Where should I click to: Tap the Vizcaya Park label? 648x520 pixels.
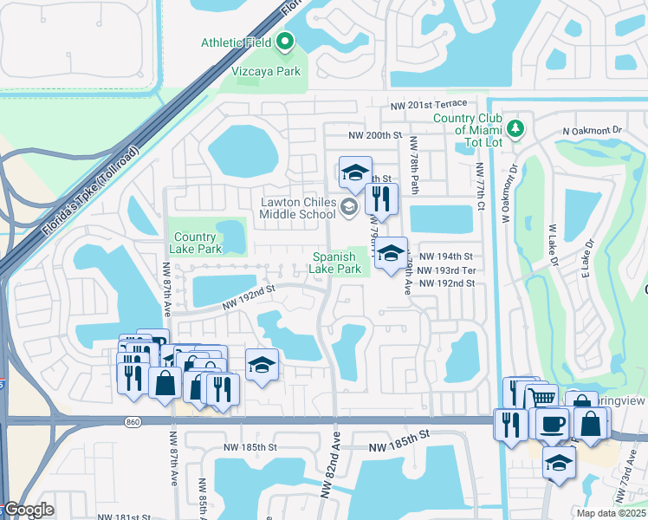(x=265, y=72)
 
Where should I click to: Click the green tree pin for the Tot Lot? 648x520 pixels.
(x=516, y=129)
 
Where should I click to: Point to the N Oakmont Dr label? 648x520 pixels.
(x=593, y=130)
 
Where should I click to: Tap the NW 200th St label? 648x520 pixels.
(x=376, y=136)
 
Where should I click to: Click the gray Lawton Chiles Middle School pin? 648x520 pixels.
(x=349, y=206)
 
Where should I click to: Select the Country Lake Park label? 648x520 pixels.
(x=195, y=244)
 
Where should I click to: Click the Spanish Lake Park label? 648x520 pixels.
(x=336, y=263)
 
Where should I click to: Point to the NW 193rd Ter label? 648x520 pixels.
(x=445, y=270)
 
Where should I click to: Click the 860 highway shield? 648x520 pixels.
(x=132, y=421)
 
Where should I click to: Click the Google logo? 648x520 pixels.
(x=28, y=510)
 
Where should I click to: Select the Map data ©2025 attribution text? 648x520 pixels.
(x=610, y=513)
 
